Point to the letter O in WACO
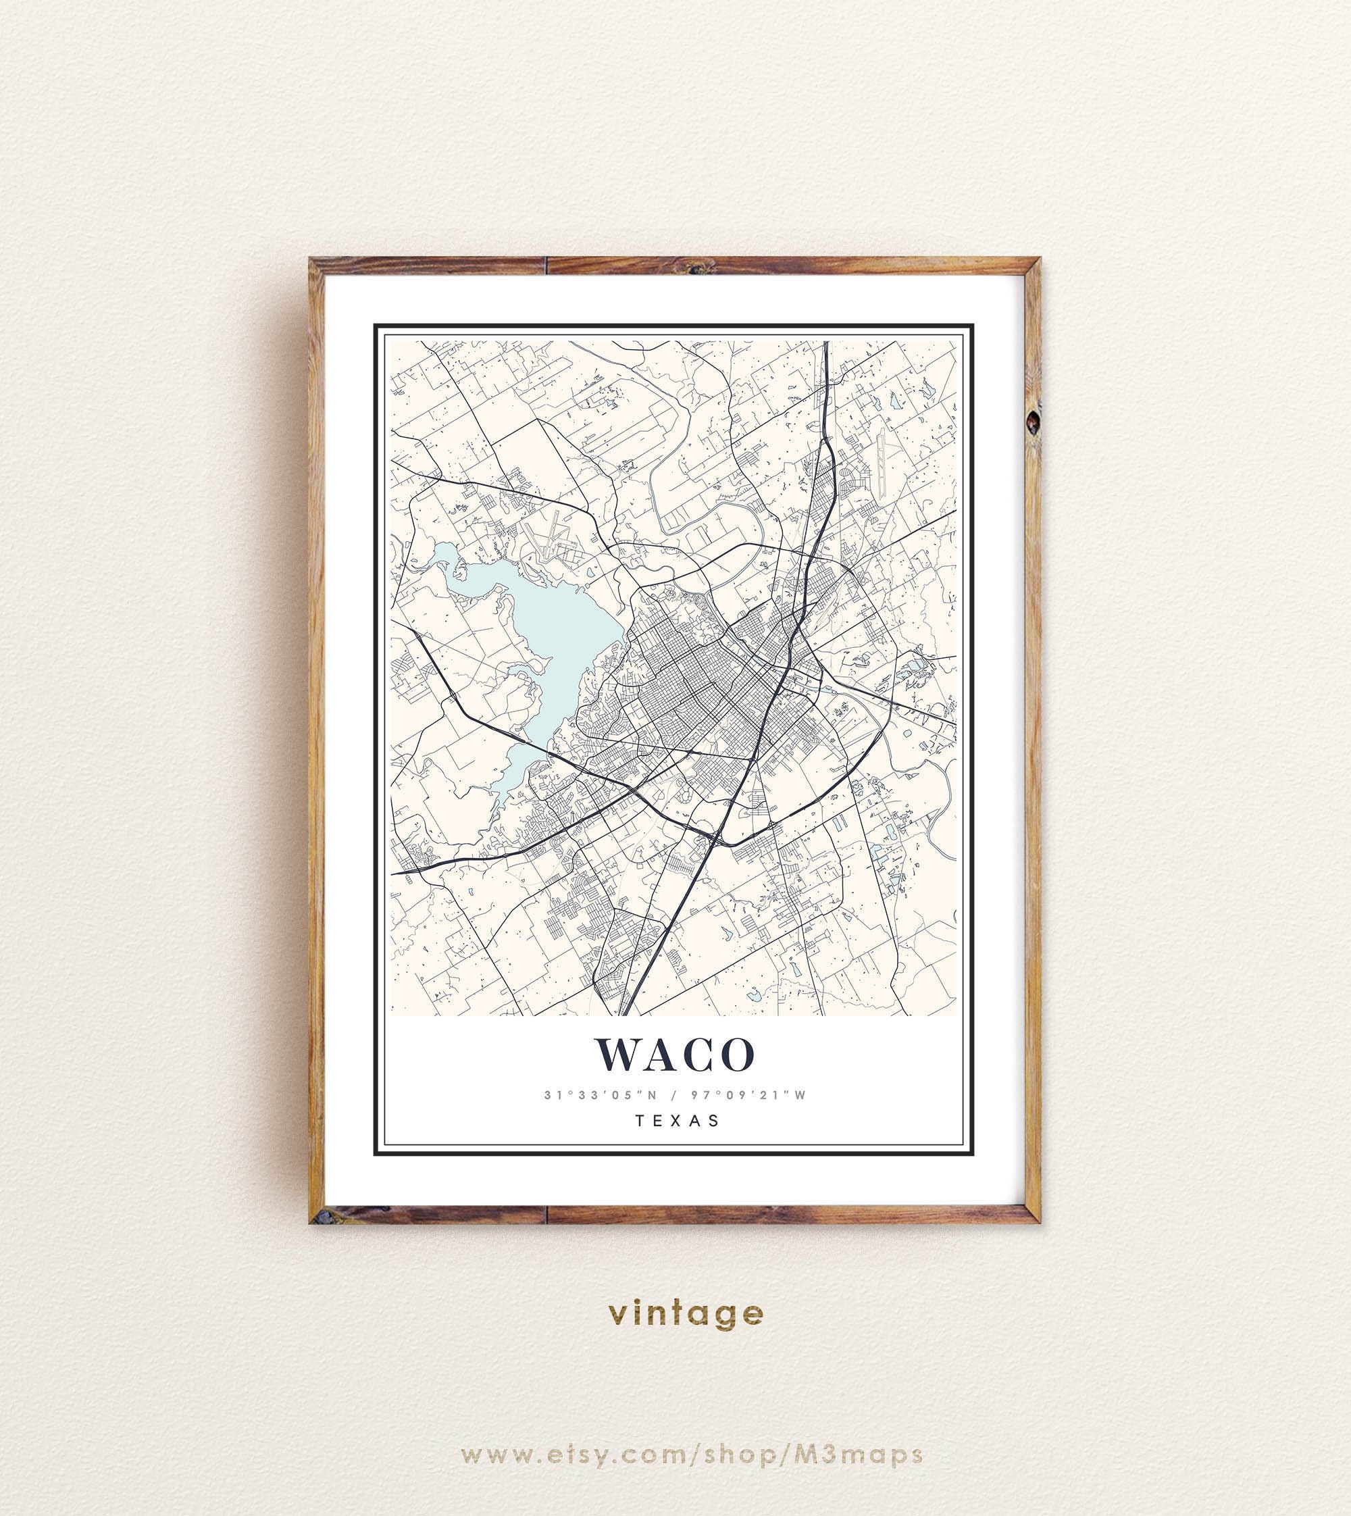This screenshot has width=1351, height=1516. click(x=738, y=1054)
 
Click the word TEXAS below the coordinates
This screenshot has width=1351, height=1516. click(x=677, y=1120)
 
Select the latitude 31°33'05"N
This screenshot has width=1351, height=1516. click(x=601, y=1094)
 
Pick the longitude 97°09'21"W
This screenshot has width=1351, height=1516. click(x=748, y=1094)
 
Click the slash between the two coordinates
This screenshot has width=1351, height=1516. click(x=674, y=1094)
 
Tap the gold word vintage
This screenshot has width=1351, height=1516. click(x=685, y=1313)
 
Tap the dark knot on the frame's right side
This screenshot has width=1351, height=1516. click(x=1033, y=422)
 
